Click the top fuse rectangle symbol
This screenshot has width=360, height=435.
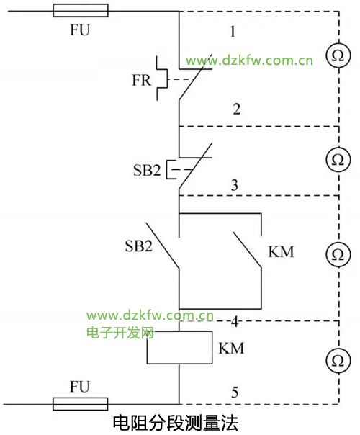(81, 11)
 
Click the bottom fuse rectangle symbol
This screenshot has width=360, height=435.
(81, 404)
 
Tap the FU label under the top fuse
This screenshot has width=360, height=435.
(80, 30)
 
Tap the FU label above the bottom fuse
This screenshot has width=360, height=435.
(80, 387)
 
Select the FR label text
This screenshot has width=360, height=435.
(141, 80)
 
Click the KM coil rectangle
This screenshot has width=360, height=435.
(180, 347)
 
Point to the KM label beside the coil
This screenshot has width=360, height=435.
(231, 349)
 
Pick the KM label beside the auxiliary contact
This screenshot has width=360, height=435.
(281, 252)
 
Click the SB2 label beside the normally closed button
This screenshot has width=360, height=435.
(147, 170)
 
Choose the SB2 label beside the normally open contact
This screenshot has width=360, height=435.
(139, 246)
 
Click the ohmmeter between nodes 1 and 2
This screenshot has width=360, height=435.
(338, 55)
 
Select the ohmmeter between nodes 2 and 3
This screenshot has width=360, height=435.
(338, 159)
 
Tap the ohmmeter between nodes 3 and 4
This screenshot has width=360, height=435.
(338, 254)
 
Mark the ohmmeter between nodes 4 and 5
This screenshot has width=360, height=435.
(338, 360)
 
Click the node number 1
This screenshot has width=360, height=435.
(233, 32)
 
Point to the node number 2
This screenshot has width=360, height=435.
(237, 109)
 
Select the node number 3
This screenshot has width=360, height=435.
(235, 185)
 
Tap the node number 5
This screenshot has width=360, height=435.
(235, 393)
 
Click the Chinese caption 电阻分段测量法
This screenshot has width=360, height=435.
(175, 423)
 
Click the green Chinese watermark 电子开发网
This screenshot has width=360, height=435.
(120, 333)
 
